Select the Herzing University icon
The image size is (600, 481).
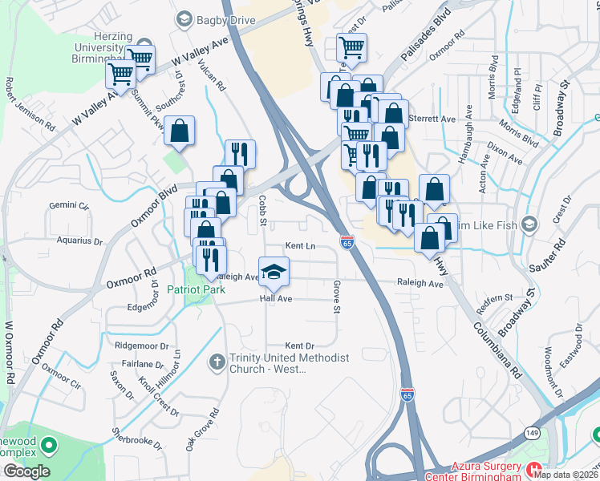tap(144, 45)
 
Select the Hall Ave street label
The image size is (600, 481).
tap(274, 298)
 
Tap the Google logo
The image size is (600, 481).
tap(26, 471)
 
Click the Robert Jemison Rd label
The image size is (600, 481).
tap(30, 105)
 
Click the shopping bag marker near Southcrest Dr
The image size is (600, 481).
tap(180, 130)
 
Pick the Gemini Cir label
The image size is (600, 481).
tap(68, 205)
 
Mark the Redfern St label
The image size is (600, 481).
tap(495, 298)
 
